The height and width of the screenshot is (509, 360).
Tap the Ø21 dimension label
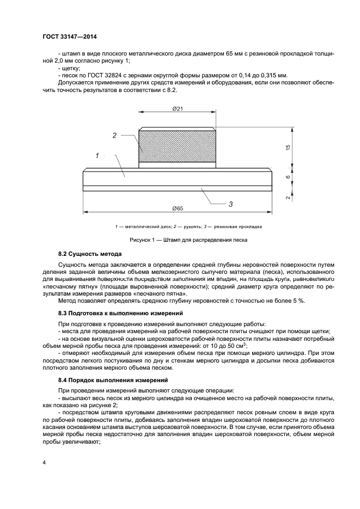(176, 109)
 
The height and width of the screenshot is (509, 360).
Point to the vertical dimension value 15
(288, 146)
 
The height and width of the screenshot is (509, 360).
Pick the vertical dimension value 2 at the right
(288, 198)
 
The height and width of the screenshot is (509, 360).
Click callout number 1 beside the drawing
(97, 155)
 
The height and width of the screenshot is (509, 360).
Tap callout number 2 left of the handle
(114, 136)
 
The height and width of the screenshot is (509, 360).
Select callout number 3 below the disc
(230, 204)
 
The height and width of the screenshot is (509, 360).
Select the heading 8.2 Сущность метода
(90, 254)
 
